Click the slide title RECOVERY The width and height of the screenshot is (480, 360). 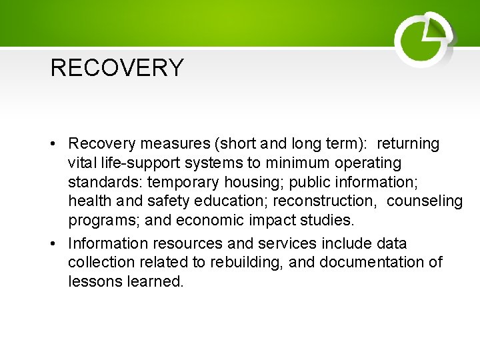(117, 68)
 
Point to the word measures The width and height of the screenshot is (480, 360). (161, 144)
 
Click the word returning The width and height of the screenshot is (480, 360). (408, 144)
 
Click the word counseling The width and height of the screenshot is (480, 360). (425, 201)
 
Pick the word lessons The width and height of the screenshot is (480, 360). (95, 281)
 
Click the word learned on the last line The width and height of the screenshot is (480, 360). (155, 281)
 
